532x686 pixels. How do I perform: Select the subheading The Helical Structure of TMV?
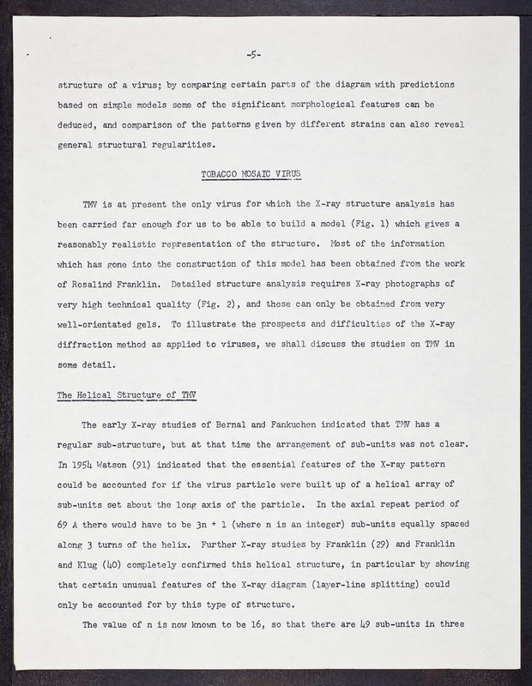tap(126, 394)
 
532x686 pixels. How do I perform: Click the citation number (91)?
tap(154, 468)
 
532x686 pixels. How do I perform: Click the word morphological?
tap(318, 105)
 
